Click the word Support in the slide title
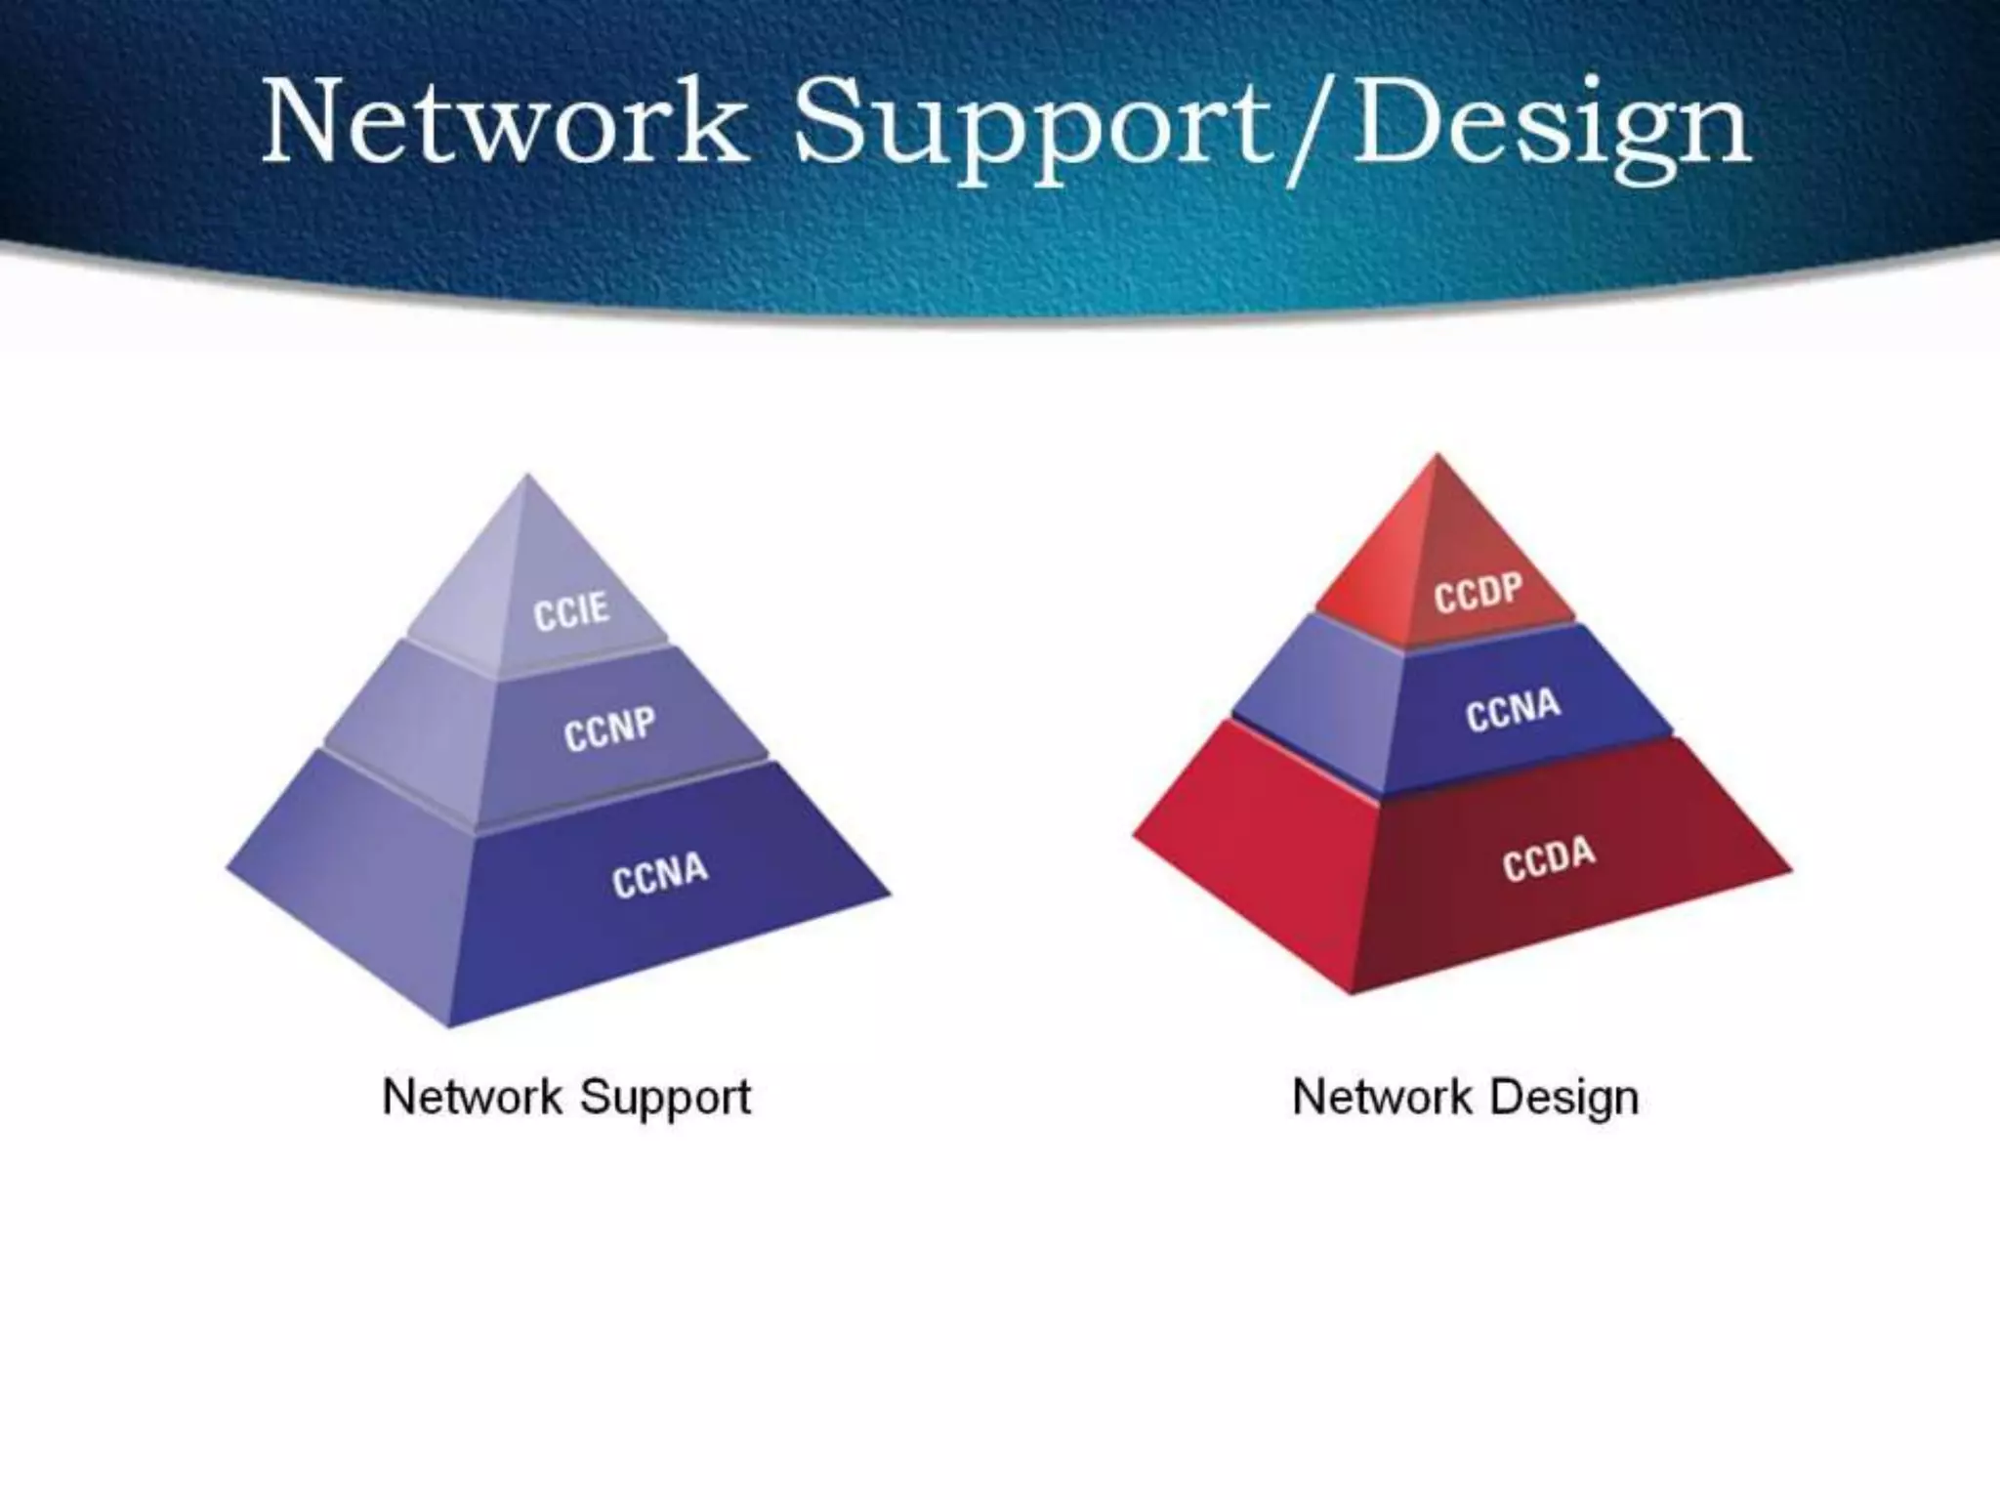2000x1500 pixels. (x=1035, y=132)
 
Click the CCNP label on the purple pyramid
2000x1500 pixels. (x=609, y=729)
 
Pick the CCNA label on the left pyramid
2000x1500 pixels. (x=660, y=874)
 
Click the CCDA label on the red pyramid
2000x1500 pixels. (x=1549, y=858)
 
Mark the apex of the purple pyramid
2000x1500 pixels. (x=527, y=477)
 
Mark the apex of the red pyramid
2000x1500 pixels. (x=1437, y=456)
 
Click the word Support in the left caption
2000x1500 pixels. (x=665, y=1098)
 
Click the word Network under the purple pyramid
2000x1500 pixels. (x=472, y=1096)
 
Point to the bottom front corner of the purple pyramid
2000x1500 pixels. (x=450, y=1025)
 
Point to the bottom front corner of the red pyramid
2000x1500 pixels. (x=1353, y=992)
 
